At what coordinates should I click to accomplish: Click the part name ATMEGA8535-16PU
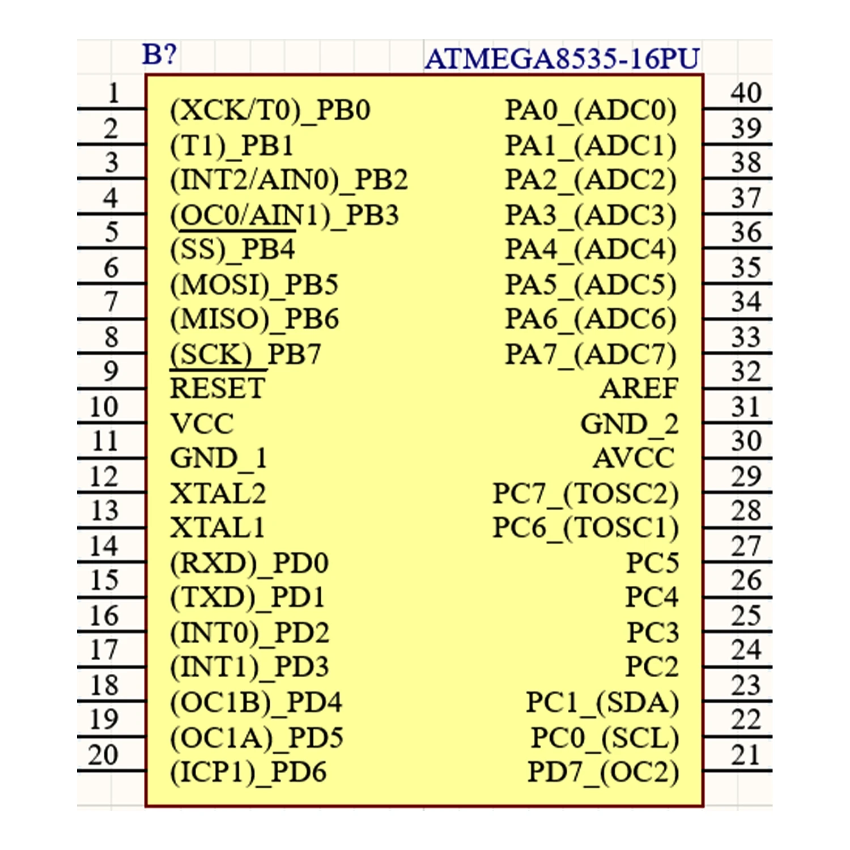coord(562,58)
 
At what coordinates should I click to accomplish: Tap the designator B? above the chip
coord(159,54)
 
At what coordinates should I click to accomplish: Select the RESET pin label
coord(218,389)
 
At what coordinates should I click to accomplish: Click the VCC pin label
coord(202,424)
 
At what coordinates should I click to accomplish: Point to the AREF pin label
coord(639,389)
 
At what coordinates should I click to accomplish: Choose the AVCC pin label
coord(634,458)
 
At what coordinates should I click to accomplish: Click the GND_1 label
coord(218,458)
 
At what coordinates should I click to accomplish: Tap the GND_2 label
coord(629,424)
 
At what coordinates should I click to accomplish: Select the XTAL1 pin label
coord(218,528)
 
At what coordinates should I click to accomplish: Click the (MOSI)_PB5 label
coord(254,284)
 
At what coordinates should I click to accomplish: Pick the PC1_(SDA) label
coord(602,703)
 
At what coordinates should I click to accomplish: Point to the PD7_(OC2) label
coord(603,772)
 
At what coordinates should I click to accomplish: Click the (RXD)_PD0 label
coord(249,563)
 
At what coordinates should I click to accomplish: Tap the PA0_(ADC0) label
coord(590,110)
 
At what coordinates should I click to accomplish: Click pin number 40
coord(746,93)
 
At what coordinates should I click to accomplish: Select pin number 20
coord(103,755)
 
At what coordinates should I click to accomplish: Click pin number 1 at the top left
coord(113,93)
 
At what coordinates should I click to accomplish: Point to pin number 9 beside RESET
coord(111,372)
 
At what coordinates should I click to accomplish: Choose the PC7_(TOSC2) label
coord(585,494)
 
